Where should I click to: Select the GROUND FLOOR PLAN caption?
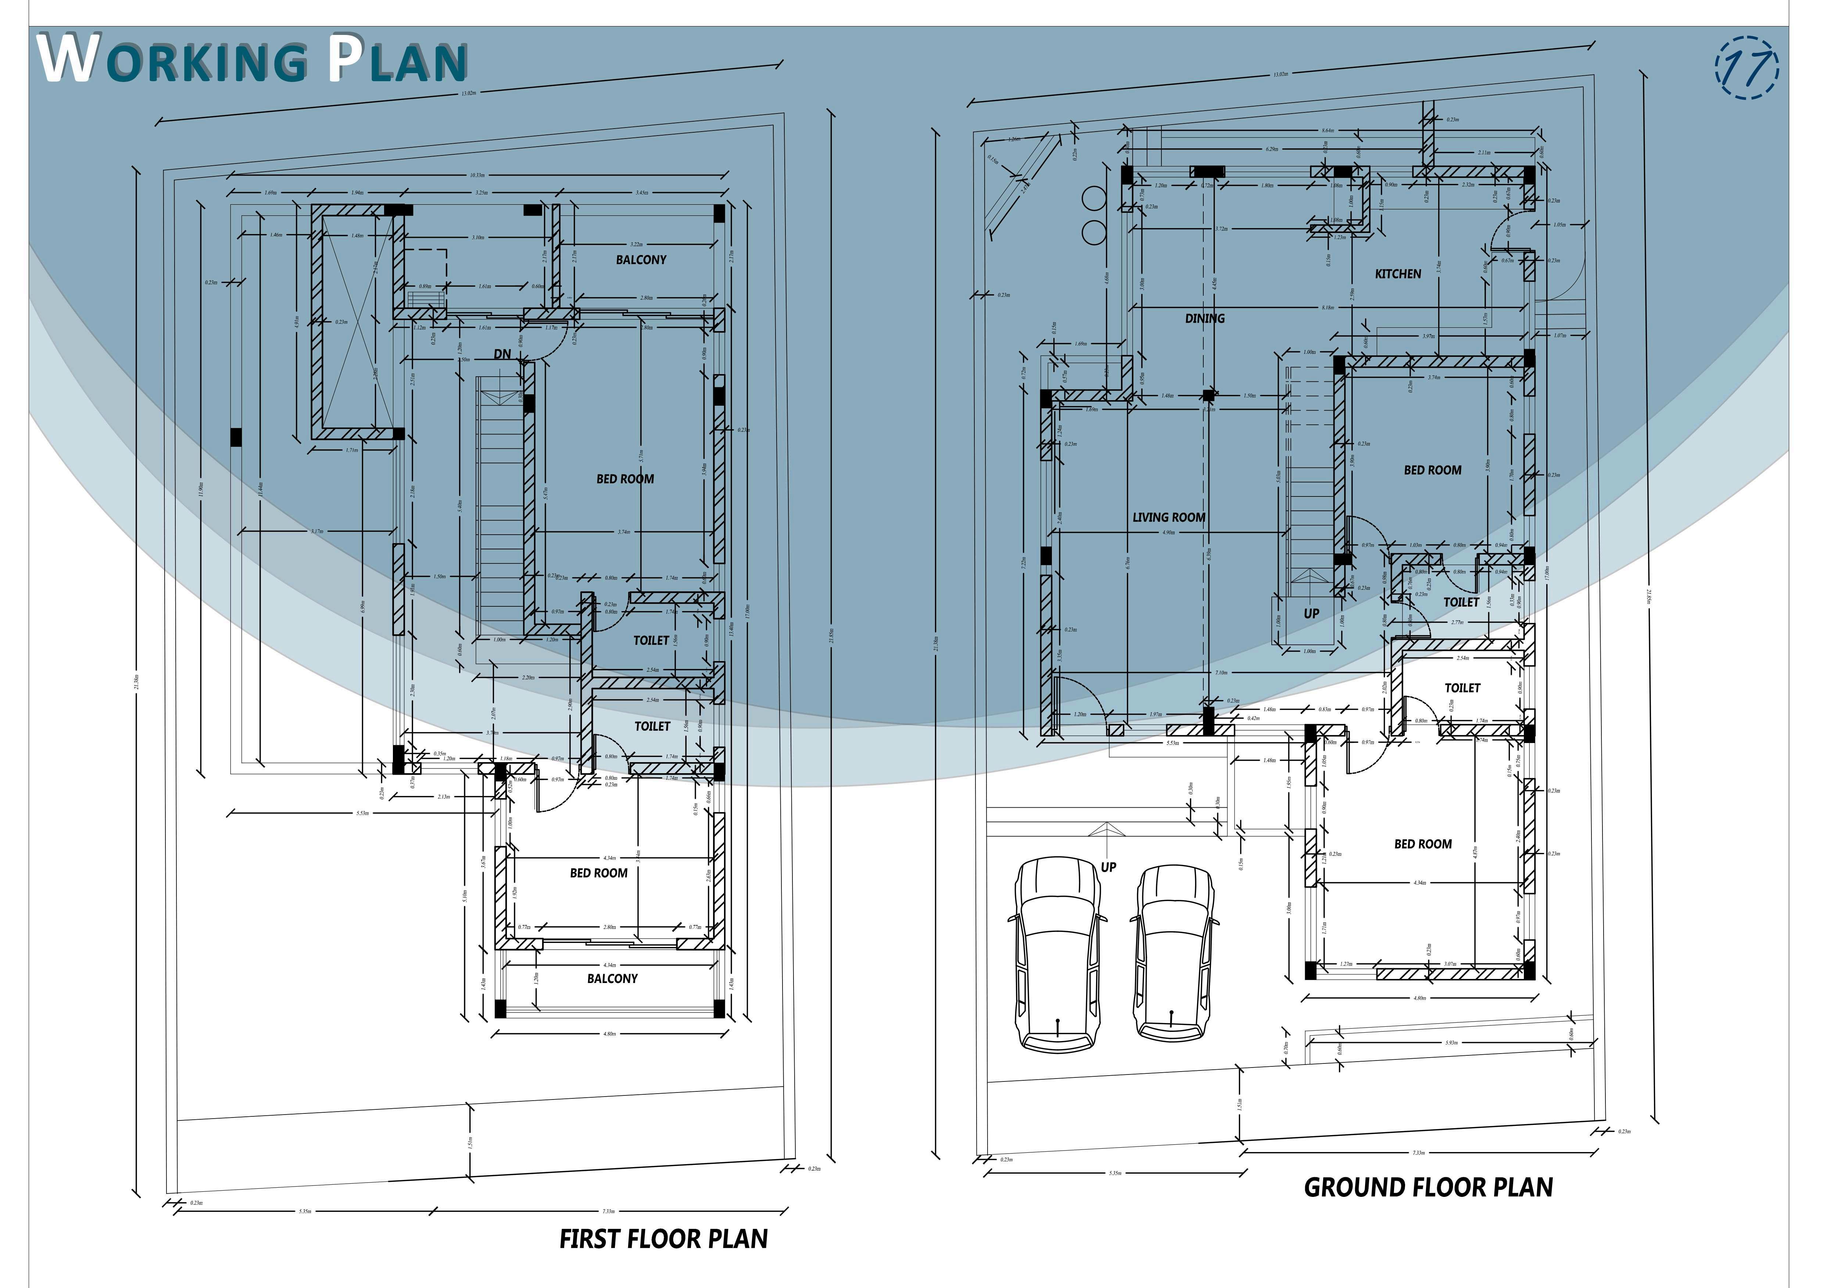click(x=1428, y=1187)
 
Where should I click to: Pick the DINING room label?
click(x=1204, y=319)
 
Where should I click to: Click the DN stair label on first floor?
click(x=502, y=354)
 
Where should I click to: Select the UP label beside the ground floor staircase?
click(x=1311, y=613)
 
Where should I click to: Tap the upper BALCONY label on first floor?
click(x=641, y=260)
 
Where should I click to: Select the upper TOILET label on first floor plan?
click(x=651, y=640)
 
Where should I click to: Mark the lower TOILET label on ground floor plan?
click(x=1462, y=688)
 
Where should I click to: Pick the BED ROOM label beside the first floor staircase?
click(x=625, y=479)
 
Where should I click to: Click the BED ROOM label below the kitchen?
click(x=1432, y=470)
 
